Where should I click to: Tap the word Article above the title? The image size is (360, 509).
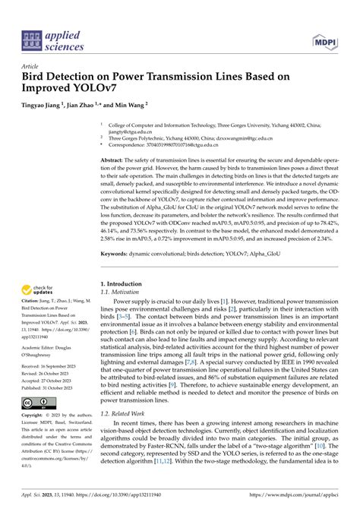32,66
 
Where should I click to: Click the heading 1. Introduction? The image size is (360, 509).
125,284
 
